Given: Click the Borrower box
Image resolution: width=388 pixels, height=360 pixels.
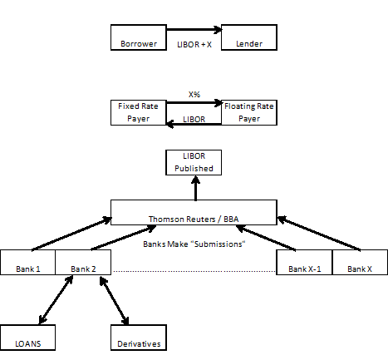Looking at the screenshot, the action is pyautogui.click(x=139, y=37).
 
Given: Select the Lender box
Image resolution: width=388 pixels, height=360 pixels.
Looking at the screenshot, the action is pyautogui.click(x=249, y=37).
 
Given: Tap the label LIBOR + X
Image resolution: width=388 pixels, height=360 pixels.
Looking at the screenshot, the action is pyautogui.click(x=194, y=45).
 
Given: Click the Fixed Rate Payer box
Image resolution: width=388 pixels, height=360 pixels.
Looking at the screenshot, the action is pyautogui.click(x=139, y=112).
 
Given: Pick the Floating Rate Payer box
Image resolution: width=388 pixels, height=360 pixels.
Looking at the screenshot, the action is pyautogui.click(x=249, y=112).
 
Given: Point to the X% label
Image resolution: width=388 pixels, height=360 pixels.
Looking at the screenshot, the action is pyautogui.click(x=194, y=95).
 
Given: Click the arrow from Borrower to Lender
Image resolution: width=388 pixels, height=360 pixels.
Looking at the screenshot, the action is pyautogui.click(x=194, y=29).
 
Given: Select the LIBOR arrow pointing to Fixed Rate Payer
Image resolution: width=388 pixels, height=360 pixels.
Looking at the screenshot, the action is pyautogui.click(x=194, y=124).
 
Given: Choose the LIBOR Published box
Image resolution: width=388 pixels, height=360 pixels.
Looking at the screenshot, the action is pyautogui.click(x=194, y=162).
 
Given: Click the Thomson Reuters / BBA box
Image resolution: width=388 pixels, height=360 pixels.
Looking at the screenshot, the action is pyautogui.click(x=194, y=212).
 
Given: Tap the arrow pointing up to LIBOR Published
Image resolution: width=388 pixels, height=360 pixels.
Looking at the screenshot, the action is pyautogui.click(x=196, y=188).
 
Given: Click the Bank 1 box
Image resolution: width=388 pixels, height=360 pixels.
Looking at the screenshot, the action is pyautogui.click(x=28, y=262).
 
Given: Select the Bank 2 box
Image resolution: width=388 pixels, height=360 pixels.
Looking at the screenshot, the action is pyautogui.click(x=83, y=262).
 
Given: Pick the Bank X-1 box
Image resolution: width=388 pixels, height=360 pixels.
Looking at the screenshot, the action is pyautogui.click(x=304, y=262).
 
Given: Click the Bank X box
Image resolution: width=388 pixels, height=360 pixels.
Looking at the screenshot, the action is pyautogui.click(x=360, y=262).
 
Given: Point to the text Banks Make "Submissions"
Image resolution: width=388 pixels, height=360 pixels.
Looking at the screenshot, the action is pyautogui.click(x=194, y=244).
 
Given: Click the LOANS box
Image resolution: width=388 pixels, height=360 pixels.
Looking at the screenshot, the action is pyautogui.click(x=27, y=338).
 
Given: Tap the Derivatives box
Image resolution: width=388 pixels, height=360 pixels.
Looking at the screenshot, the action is pyautogui.click(x=139, y=338).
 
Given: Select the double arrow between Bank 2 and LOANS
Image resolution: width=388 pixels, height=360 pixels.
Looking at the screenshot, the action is pyautogui.click(x=56, y=300).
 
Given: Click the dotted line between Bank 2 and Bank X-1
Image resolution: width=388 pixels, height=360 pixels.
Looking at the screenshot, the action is pyautogui.click(x=194, y=271).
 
